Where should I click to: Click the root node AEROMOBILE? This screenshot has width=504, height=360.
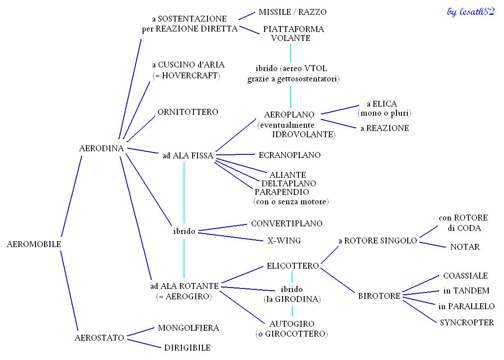pos(34,244)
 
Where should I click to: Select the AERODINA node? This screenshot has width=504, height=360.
pos(101,148)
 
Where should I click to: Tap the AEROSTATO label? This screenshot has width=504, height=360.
pos(99,338)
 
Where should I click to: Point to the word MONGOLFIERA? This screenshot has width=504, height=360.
pos(189,328)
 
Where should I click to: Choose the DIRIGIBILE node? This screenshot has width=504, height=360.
pos(187,347)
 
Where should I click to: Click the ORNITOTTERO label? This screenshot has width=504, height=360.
pos(188,112)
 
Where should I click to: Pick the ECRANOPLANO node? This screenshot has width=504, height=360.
pos(290,155)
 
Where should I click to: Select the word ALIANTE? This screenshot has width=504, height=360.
pos(288,175)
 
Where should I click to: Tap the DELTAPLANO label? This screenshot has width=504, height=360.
pos(288,183)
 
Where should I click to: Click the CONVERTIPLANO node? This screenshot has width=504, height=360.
pos(287,223)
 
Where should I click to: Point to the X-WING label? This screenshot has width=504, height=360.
pos(284,240)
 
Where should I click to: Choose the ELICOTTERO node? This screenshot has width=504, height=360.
pos(292,265)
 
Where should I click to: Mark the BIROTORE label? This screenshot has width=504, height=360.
pos(379,296)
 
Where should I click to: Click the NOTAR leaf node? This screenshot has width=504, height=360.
pos(465,247)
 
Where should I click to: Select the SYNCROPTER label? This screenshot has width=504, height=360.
pos(467,323)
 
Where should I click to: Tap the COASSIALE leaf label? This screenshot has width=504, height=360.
pos(465,275)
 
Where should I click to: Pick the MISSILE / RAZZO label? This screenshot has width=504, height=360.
pos(292,12)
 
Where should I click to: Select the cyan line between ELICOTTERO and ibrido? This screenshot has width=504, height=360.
pos(292,277)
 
